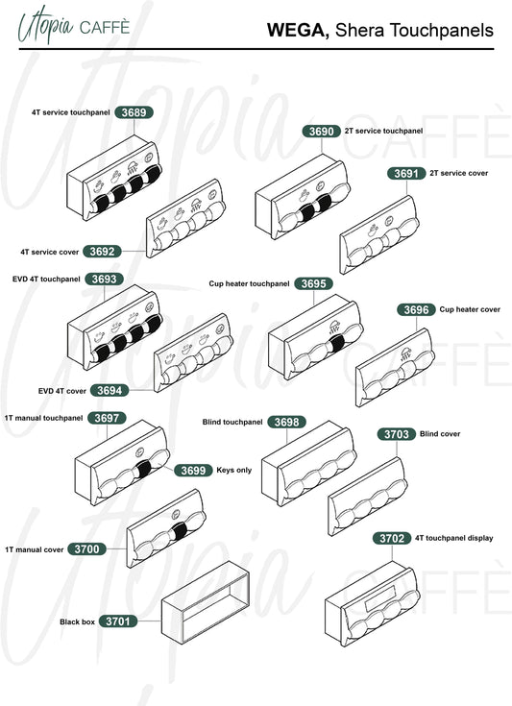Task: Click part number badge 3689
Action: pos(134,112)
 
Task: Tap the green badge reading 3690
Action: pos(322,131)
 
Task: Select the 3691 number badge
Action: pos(406,173)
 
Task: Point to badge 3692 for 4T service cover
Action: pos(102,252)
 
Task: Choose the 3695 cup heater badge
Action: pos(313,283)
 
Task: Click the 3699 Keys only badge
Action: pos(193,471)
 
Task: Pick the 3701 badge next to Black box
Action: pos(118,621)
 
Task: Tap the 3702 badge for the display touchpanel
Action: pos(392,539)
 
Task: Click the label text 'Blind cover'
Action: pos(440,434)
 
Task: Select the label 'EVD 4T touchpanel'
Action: pos(46,280)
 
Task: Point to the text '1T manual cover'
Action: pos(35,549)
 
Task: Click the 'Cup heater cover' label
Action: pos(470,309)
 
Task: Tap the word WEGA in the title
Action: pos(297,30)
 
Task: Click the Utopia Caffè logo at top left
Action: pos(74,25)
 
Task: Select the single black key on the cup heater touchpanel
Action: pos(336,344)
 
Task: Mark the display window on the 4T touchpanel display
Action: pos(380,598)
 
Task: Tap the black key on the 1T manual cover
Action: pos(180,531)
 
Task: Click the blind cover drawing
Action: pos(368,497)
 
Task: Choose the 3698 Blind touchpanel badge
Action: pos(287,422)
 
